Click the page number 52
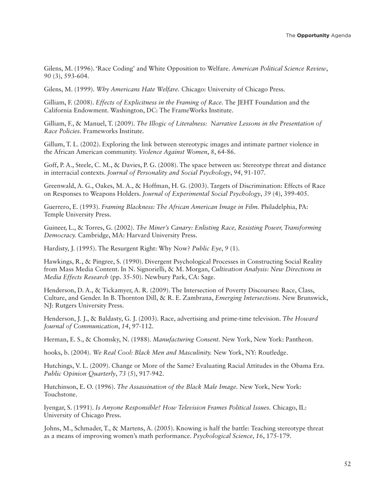point(347,464)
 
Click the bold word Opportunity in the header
point(313,35)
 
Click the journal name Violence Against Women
point(175,152)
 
